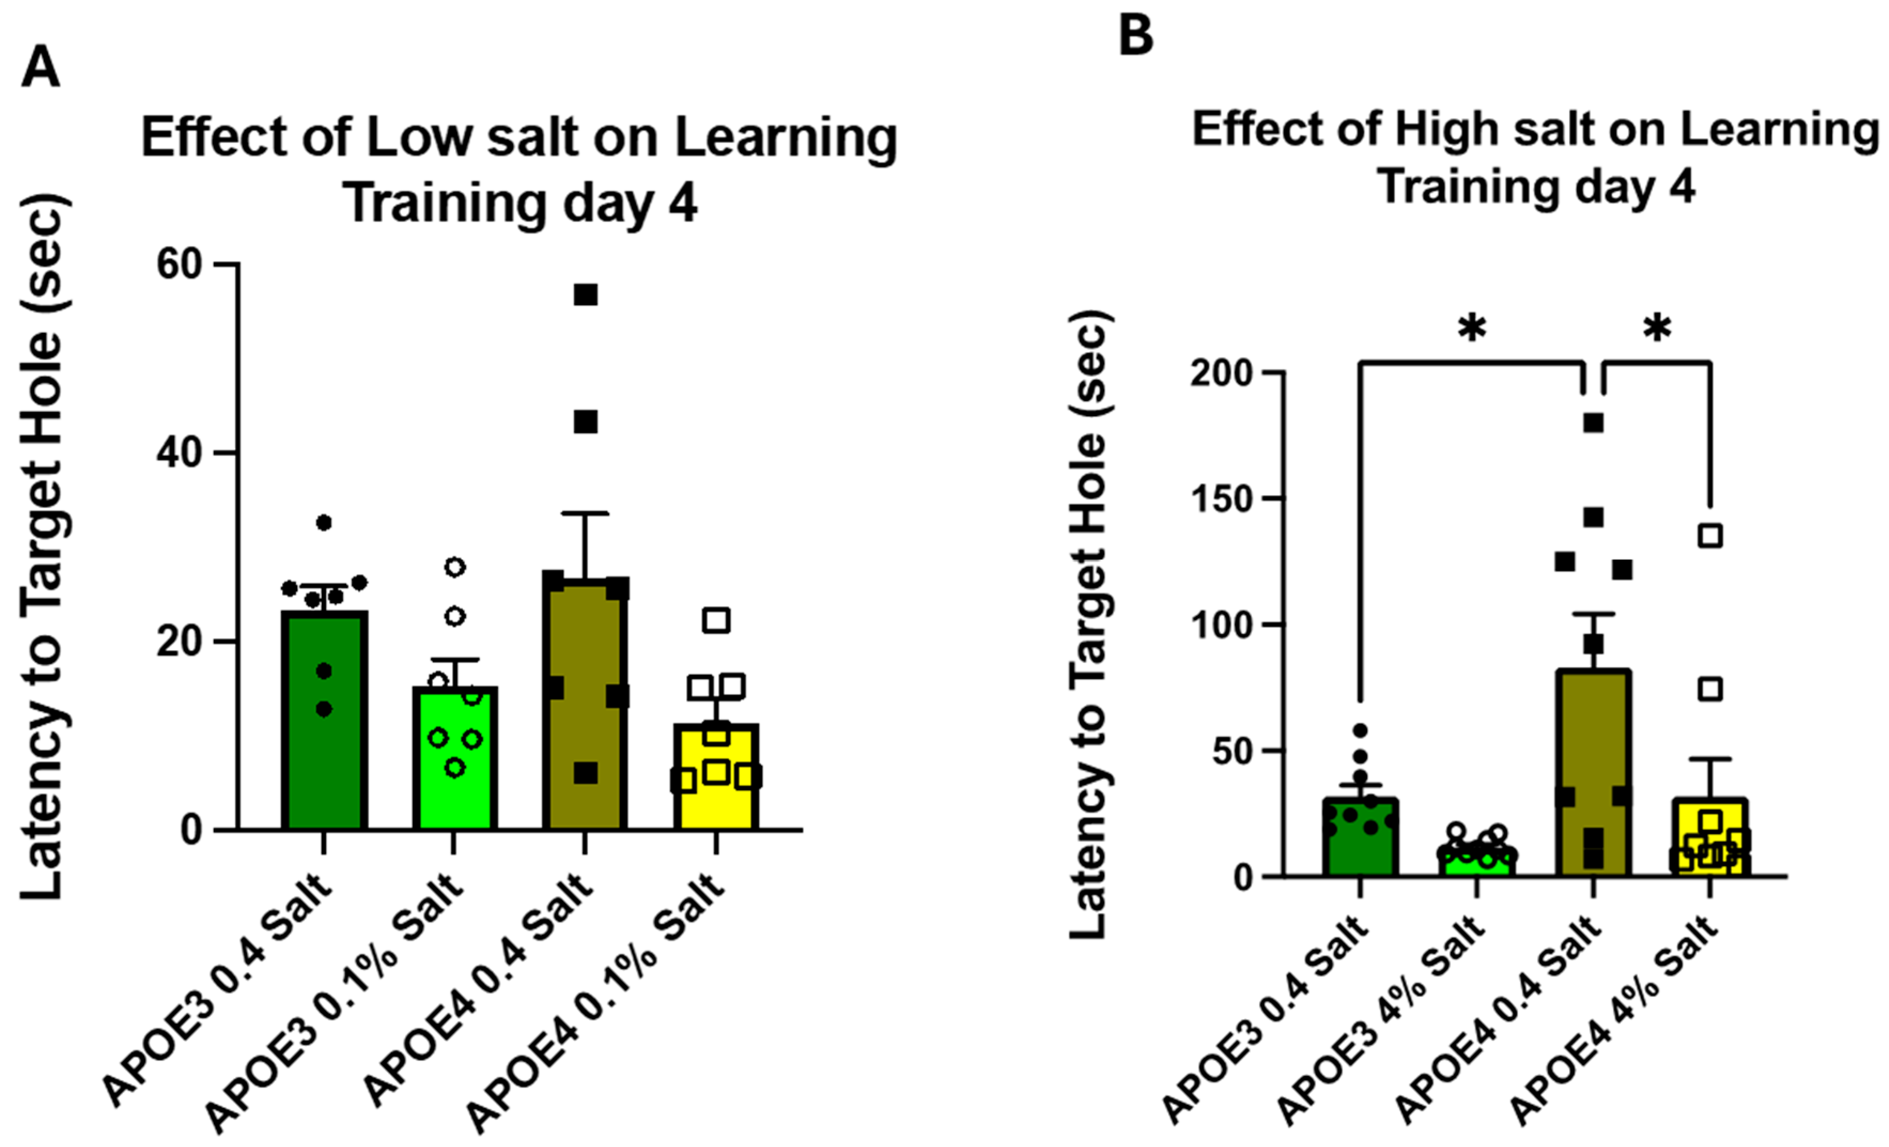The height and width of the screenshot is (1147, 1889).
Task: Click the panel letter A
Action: click(41, 68)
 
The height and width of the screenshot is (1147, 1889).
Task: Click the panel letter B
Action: click(1136, 35)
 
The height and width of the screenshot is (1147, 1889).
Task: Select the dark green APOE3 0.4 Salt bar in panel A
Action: click(324, 720)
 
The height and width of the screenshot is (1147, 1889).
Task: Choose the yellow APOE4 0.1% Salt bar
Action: click(717, 777)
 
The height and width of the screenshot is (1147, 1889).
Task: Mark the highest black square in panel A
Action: click(586, 294)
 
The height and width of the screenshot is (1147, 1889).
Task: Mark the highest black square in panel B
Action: click(1594, 423)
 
